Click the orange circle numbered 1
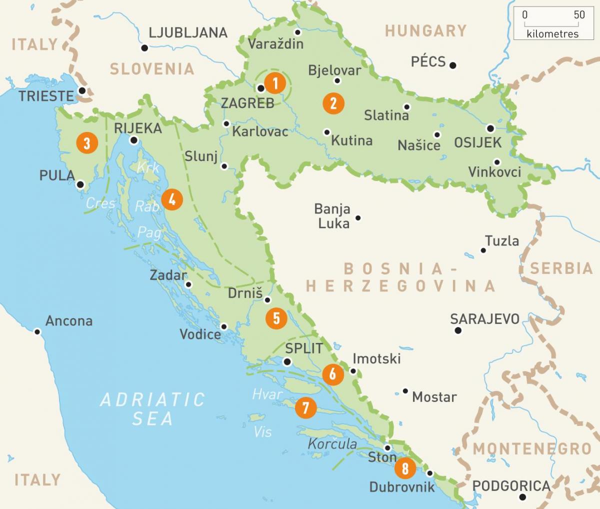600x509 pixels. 274,83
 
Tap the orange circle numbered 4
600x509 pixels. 172,199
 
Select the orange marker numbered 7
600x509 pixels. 305,407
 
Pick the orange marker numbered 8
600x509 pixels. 405,468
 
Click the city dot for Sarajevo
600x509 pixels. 458,330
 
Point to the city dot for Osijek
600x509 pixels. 490,128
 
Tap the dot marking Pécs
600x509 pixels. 452,65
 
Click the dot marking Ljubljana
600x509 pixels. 144,48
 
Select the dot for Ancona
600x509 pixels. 37,331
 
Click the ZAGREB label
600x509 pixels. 248,103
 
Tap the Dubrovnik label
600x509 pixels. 402,486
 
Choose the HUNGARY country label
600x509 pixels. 425,31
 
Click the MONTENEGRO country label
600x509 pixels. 532,448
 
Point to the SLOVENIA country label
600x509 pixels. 152,69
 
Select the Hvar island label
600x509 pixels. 267,394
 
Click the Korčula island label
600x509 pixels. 332,443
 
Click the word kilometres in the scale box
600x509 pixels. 552,34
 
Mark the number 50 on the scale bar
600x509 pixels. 579,15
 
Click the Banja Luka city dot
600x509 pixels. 358,218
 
